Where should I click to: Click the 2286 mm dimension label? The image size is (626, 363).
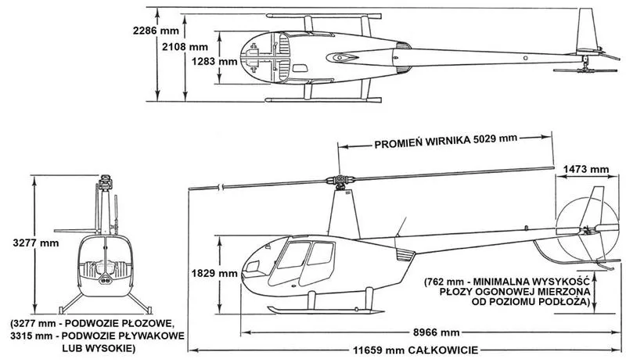(156, 31)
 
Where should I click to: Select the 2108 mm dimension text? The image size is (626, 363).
(185, 47)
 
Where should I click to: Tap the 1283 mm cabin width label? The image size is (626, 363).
(214, 62)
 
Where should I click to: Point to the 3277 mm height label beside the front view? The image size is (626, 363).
(35, 243)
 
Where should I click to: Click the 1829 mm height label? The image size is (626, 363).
(214, 274)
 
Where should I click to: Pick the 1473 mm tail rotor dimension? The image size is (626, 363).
(586, 169)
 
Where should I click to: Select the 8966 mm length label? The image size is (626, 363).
(437, 332)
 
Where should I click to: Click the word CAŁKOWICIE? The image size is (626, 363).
(443, 350)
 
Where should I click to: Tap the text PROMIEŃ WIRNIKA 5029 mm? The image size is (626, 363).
(445, 141)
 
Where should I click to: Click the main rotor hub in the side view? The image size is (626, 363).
(340, 180)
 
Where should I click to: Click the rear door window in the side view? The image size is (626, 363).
(321, 253)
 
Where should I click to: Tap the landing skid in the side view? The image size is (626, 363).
(326, 311)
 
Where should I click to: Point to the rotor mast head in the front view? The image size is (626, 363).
(106, 182)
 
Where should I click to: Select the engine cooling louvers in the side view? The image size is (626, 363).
(404, 254)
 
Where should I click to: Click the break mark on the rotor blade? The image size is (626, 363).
(220, 186)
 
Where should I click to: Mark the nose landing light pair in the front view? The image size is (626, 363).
(106, 280)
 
